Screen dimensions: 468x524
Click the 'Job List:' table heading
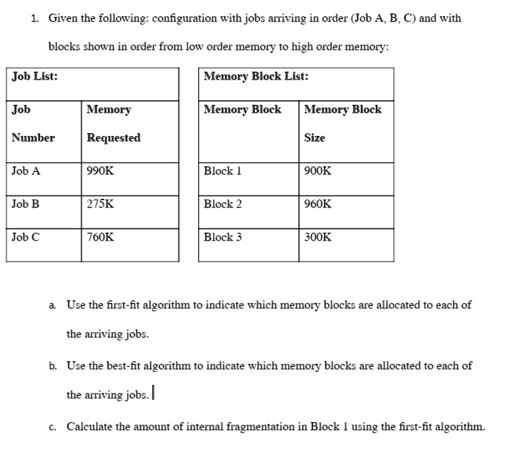point(34,76)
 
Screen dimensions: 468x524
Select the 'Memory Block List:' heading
point(256,76)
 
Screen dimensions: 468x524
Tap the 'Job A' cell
point(26,171)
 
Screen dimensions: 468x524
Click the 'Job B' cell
point(26,204)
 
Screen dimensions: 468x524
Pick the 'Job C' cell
point(26,237)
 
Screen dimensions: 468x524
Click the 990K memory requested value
point(101,171)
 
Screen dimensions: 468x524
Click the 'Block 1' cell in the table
point(222,171)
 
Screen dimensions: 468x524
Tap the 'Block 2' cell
point(222,204)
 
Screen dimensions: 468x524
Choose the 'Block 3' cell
point(222,237)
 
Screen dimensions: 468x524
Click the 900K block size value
point(318,171)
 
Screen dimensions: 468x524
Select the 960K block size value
point(318,204)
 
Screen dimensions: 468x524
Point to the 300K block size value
point(318,237)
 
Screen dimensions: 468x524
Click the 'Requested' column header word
point(114,138)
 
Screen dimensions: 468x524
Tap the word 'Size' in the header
point(314,138)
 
